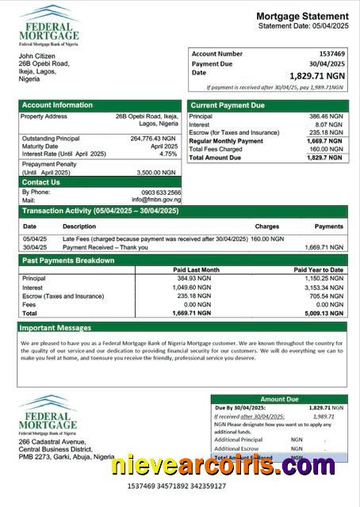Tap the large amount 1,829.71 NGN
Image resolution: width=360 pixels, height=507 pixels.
(317, 75)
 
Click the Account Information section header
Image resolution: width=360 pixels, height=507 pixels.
(57, 105)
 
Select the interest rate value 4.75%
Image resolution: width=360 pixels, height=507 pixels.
(168, 154)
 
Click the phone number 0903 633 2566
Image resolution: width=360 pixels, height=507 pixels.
(161, 193)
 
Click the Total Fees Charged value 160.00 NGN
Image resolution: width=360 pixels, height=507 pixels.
(325, 149)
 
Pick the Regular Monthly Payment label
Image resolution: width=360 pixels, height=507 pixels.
(226, 140)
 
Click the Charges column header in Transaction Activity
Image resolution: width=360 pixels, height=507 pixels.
(266, 227)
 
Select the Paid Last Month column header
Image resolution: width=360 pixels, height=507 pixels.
(196, 270)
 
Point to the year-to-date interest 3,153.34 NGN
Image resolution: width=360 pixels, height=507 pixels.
(322, 288)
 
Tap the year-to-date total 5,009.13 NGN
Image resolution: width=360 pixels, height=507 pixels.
(322, 313)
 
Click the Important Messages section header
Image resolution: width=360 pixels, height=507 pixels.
(56, 327)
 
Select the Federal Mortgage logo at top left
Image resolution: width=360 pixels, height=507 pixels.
(49, 25)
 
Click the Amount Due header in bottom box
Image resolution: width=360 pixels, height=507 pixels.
(278, 399)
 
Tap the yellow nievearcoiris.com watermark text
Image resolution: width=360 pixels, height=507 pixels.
(223, 465)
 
